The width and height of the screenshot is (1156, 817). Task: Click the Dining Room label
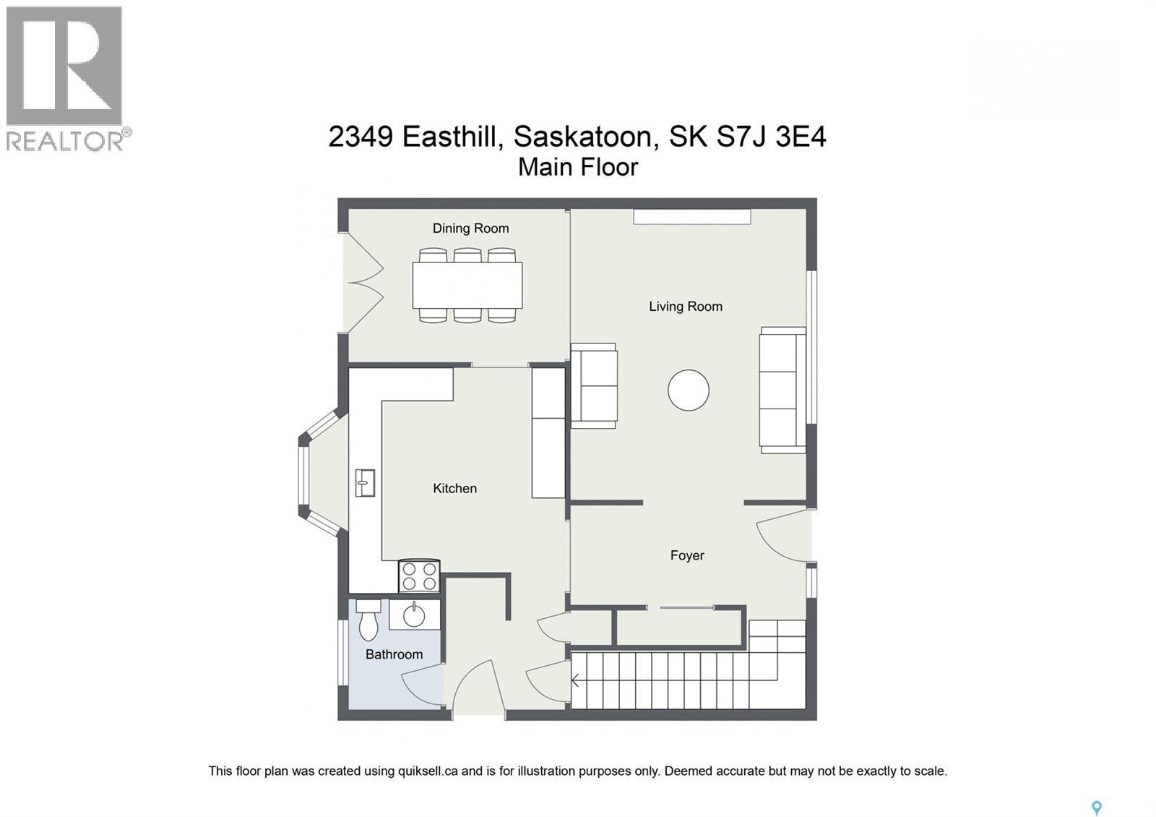470,228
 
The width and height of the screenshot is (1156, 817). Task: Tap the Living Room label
685,307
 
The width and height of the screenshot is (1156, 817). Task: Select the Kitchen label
454,489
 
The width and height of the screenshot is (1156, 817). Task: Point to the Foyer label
686,555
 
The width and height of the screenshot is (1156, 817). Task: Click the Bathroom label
394,654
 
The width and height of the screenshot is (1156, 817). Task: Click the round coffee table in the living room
688,390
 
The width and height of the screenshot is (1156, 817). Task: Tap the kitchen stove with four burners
419,576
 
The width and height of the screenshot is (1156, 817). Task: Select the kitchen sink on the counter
365,482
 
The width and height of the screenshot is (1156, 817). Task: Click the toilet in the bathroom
368,620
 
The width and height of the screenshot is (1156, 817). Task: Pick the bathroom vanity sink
414,615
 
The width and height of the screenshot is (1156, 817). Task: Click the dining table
467,285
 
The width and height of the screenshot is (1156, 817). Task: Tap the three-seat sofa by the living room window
782,390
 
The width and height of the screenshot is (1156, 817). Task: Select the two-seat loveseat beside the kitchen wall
594,386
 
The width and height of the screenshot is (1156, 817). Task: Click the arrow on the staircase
576,680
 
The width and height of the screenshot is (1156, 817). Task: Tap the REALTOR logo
65,78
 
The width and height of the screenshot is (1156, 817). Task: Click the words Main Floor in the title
578,167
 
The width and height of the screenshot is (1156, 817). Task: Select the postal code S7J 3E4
771,136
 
